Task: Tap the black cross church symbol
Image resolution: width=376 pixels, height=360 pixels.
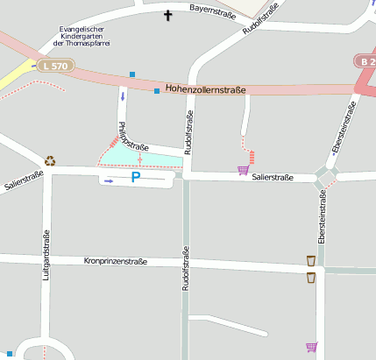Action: point(168,15)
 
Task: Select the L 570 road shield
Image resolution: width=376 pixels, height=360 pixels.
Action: point(54,65)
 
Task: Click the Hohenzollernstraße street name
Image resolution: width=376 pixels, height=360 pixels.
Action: point(206,89)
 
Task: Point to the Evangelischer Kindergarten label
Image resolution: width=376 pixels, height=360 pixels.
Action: point(82,36)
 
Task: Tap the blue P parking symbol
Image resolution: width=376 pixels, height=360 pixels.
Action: point(135,177)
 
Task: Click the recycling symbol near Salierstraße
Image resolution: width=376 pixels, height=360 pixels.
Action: point(51,160)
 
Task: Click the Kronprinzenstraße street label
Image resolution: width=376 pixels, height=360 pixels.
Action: point(115,261)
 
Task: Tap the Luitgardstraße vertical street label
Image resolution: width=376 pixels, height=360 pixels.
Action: point(46,254)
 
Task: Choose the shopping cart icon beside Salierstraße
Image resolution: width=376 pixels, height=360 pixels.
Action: point(243,170)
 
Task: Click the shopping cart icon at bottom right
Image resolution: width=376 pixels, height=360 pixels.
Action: point(310,347)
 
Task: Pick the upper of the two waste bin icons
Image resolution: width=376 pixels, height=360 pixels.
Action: point(310,260)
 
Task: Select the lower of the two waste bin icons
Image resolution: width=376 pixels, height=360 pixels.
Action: point(310,278)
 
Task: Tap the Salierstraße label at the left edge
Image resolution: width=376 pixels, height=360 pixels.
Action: point(24,181)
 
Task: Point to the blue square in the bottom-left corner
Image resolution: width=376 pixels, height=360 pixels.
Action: point(10,354)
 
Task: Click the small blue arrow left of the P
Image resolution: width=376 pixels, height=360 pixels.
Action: point(109,180)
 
